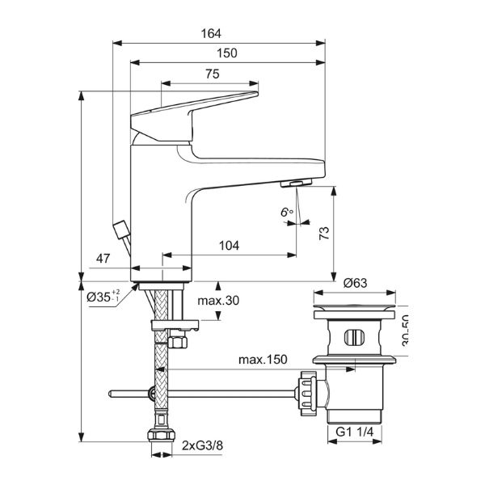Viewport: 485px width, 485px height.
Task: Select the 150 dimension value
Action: (227, 53)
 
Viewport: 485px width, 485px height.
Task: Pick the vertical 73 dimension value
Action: (325, 234)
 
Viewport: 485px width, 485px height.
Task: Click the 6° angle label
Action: (285, 212)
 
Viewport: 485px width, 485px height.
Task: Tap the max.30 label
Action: (219, 301)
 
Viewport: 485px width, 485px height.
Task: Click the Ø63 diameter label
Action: (356, 283)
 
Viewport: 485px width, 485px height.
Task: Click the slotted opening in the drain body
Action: (356, 337)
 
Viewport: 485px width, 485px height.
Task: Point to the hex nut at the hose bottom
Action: (162, 439)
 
